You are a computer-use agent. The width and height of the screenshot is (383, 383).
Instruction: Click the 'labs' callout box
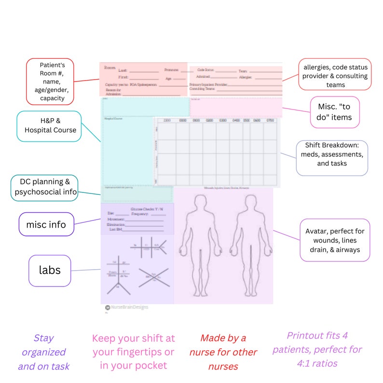coord(50,270)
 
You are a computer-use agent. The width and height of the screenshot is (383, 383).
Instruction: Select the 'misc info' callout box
coord(46,224)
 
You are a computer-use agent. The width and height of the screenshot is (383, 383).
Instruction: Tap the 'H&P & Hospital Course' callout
coord(49,126)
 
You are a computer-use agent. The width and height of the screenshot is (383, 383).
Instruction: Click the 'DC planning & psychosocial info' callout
coord(44,188)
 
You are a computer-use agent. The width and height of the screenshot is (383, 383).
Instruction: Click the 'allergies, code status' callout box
coord(335,76)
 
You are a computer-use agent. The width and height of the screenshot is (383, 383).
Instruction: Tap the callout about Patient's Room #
coord(50,81)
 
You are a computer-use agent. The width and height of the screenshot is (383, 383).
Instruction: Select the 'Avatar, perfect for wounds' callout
coord(334,240)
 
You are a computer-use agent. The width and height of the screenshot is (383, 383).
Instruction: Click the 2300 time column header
coord(167,120)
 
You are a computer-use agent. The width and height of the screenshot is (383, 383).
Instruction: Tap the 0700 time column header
coord(270,120)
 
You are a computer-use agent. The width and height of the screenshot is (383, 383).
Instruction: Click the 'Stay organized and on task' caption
coord(43,352)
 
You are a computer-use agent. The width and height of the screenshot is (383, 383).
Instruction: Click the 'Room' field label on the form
coord(110,67)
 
